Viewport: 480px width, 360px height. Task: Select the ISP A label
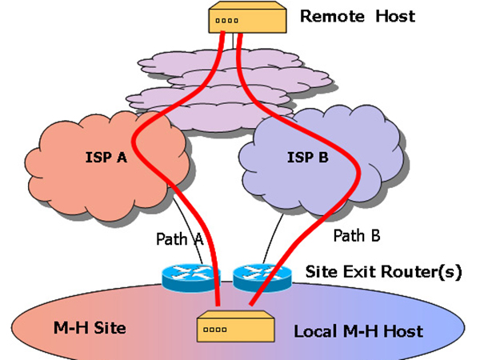coord(106,157)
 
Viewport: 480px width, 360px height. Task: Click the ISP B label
coord(308,157)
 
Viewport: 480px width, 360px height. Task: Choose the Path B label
coord(356,235)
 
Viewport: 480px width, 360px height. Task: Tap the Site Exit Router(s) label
coord(384,271)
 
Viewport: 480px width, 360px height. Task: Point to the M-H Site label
coord(77,328)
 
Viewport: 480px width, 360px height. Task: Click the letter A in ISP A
coord(122,157)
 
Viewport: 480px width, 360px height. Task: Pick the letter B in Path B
coord(374,235)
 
